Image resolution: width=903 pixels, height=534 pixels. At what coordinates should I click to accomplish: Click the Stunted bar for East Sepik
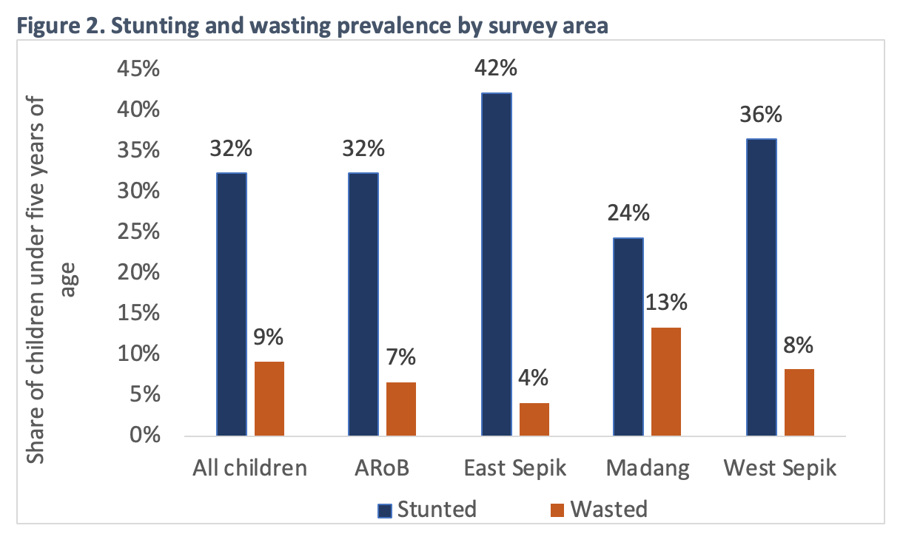click(497, 264)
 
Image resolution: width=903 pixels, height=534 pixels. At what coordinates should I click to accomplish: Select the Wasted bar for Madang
click(666, 382)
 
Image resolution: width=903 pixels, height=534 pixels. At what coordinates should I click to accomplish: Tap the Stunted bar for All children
click(232, 305)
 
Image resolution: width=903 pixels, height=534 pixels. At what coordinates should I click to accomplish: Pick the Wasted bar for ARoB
click(401, 409)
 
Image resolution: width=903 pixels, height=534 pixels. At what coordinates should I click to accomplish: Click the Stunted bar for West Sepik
click(762, 288)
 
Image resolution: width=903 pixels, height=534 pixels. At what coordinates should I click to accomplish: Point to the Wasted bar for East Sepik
click(534, 419)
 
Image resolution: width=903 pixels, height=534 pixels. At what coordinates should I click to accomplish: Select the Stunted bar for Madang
click(628, 337)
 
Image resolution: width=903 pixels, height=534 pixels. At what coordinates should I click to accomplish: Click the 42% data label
click(495, 68)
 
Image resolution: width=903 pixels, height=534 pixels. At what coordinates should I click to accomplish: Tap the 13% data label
click(666, 302)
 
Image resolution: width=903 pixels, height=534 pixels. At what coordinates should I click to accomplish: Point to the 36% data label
click(761, 115)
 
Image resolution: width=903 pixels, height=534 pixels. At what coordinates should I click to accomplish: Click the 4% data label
click(533, 378)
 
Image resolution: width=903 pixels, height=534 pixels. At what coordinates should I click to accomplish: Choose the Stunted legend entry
click(427, 509)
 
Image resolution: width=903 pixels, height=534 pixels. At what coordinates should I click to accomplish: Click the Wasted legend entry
click(599, 509)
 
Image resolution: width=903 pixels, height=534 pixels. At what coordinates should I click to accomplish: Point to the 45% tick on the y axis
click(138, 69)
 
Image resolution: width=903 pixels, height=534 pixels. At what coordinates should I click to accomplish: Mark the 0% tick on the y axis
click(145, 436)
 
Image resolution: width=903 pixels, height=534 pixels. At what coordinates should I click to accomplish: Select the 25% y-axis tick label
click(138, 232)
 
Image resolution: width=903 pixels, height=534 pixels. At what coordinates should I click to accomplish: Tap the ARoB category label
click(382, 468)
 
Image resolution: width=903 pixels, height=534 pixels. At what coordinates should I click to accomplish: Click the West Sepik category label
click(779, 468)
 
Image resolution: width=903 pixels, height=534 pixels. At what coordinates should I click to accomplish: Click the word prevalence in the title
click(394, 26)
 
